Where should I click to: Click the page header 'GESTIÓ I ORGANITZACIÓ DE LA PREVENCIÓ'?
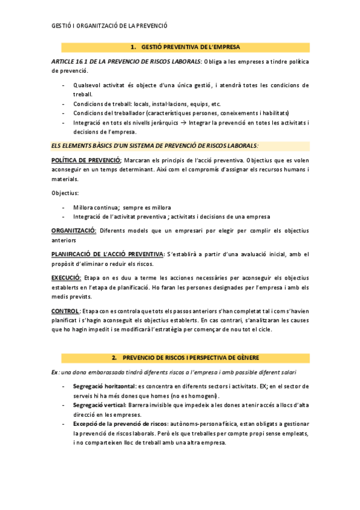(109, 26)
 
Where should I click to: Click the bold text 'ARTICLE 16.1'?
(72, 61)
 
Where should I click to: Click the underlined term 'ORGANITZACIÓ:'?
(74, 230)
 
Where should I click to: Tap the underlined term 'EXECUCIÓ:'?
(66, 278)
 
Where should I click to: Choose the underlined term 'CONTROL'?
(66, 311)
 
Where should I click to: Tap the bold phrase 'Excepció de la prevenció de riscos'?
(120, 423)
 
